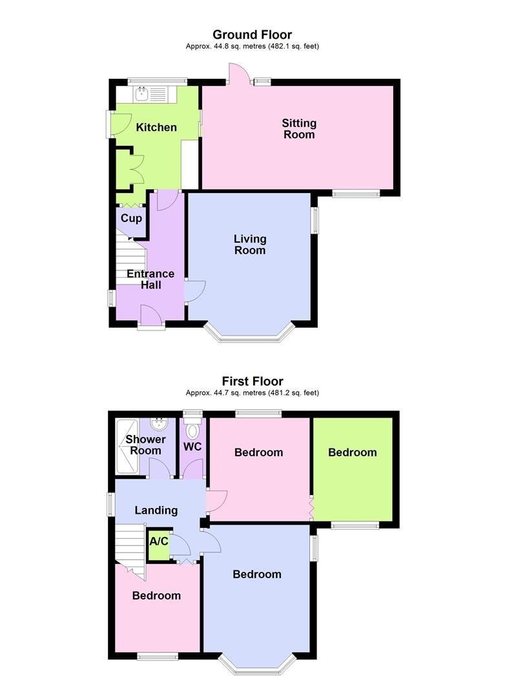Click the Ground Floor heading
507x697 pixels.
coord(252,35)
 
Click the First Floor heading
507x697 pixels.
coord(253,381)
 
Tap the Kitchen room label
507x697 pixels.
coord(156,127)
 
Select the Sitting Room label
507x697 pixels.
coord(298,128)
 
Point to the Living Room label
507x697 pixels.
coord(250,245)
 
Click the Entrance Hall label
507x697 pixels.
coord(150,279)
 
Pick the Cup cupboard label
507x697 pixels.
coord(131,218)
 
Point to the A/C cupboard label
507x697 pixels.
coord(159,541)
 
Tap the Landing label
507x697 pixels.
coord(156,510)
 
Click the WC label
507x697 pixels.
coord(192,446)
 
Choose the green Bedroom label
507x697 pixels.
coord(352,452)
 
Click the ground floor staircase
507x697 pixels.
coord(129,261)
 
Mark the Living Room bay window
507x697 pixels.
coord(251,334)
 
